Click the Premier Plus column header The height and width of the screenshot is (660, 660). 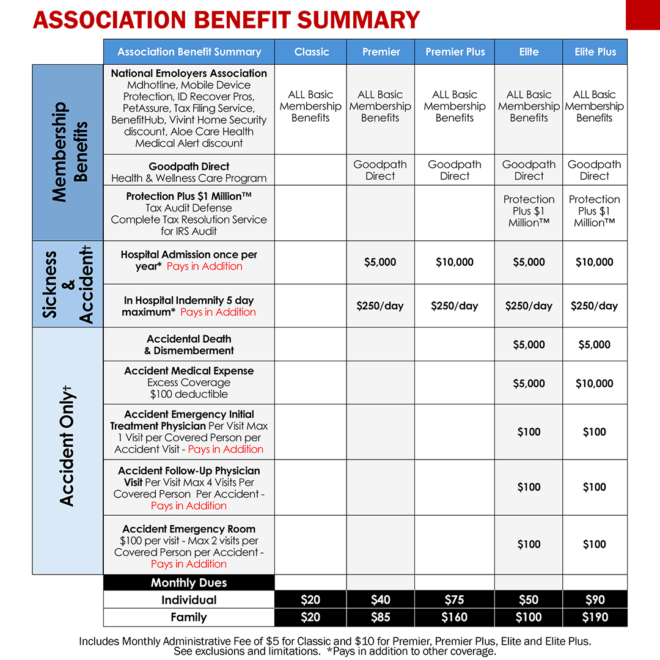455,52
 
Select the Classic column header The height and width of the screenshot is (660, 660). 311,52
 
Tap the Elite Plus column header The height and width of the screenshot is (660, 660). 595,52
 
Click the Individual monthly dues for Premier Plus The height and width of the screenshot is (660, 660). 455,600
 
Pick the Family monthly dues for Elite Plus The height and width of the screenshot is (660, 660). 595,617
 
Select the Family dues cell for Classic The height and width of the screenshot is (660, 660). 310,617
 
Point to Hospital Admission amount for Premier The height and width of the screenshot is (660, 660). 380,262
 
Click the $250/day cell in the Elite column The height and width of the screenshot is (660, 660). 529,306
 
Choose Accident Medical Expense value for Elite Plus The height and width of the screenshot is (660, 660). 595,383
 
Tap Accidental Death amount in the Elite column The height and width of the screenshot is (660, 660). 529,345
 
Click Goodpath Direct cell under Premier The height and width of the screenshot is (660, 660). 380,170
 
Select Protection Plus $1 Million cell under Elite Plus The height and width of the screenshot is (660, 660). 595,211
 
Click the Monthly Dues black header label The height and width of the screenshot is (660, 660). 189,582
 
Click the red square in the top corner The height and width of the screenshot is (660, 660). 642,15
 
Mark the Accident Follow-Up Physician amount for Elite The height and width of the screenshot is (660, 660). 529,487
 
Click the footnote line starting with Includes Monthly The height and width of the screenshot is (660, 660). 334,641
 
